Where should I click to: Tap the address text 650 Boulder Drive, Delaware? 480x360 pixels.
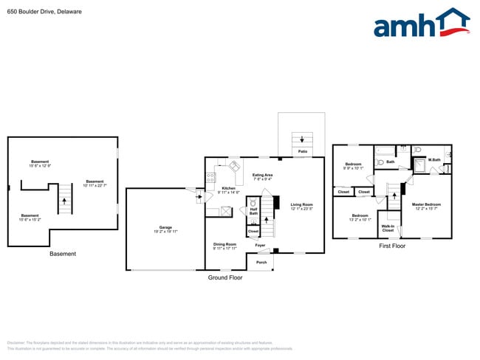44,12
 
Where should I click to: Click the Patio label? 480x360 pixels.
302,151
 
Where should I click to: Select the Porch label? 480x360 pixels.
261,262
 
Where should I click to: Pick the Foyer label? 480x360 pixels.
261,245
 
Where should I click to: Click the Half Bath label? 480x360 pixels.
253,211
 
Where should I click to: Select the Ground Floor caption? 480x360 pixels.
227,278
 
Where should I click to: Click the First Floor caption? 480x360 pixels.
392,246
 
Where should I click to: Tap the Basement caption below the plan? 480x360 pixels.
63,254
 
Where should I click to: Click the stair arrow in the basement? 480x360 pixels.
64,199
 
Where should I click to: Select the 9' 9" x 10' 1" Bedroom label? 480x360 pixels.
353,166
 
